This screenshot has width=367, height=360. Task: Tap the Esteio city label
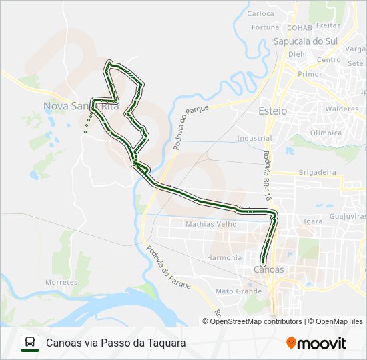point(272,111)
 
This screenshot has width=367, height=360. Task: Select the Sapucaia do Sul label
point(306,41)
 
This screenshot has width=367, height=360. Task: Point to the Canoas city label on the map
point(269,269)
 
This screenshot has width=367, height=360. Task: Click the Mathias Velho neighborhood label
point(211,224)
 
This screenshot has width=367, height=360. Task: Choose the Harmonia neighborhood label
point(224,257)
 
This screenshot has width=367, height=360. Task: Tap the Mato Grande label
point(238,291)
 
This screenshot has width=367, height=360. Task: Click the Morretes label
point(61,283)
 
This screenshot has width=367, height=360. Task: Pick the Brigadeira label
point(317,172)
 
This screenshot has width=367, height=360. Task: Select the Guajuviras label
point(348,217)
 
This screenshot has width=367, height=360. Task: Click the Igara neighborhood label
point(312,221)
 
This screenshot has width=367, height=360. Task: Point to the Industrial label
point(254,139)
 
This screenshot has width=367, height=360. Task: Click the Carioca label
point(260,13)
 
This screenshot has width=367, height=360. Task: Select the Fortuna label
point(266,27)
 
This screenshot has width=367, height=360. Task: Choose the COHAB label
point(299,28)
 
